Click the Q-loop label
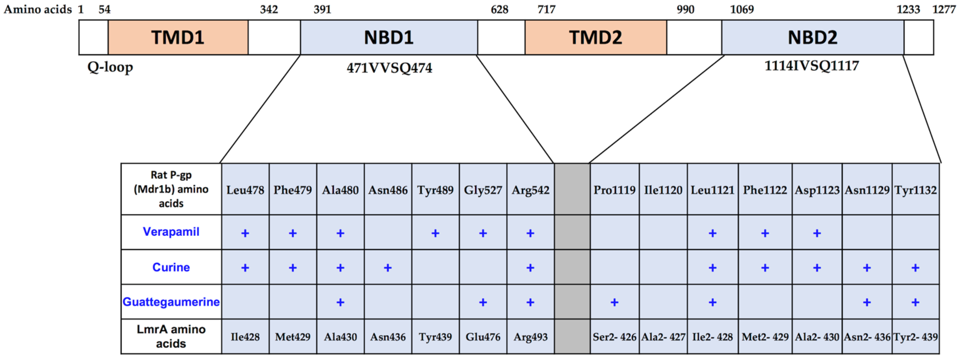coord(110,67)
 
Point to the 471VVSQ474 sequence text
coord(389,68)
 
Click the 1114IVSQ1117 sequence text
coord(812,66)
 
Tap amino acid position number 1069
coord(742,9)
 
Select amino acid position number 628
coord(499,9)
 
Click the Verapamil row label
coord(171,232)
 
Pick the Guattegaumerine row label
coord(171,302)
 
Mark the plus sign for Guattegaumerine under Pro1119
coord(614,302)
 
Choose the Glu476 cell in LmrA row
coord(483,337)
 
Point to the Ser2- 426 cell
coord(614,337)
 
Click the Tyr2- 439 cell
coord(916,337)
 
